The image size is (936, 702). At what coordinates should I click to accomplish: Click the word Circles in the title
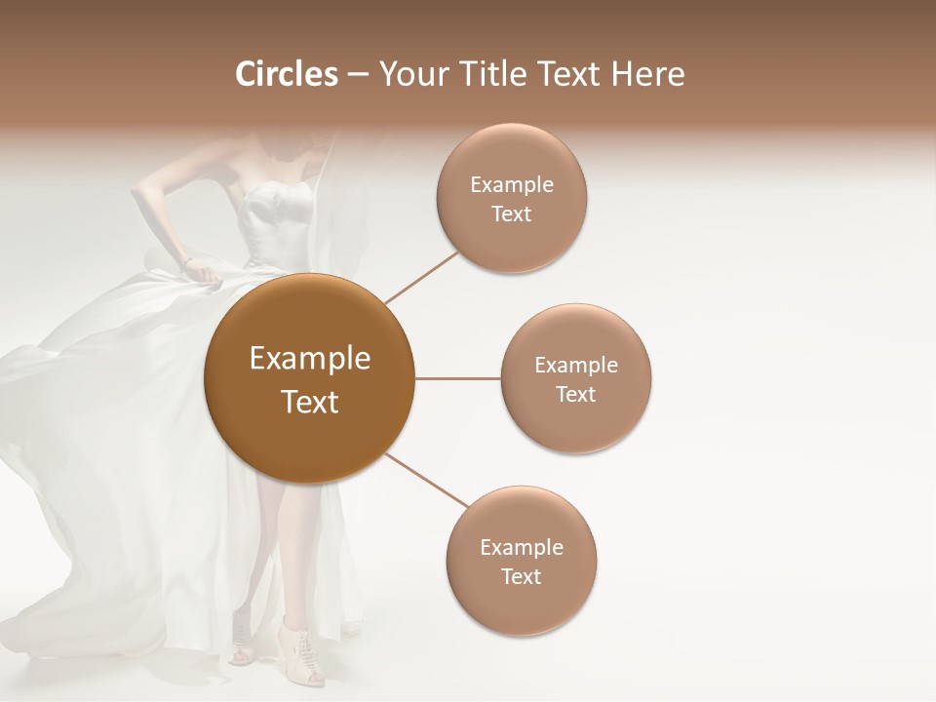tap(286, 74)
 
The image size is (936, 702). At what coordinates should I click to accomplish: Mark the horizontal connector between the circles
tap(458, 378)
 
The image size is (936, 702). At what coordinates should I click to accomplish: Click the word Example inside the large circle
tap(310, 359)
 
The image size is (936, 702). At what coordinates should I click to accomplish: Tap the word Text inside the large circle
tap(310, 402)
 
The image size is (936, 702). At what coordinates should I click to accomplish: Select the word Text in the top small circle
tap(512, 214)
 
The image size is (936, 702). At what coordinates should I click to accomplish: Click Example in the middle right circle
tap(576, 366)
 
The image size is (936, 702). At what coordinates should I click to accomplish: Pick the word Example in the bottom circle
tap(522, 548)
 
